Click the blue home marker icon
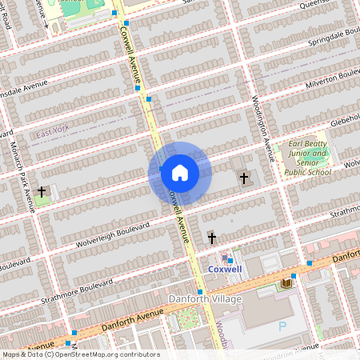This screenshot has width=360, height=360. (x=180, y=173)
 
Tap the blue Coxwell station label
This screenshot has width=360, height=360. (x=225, y=270)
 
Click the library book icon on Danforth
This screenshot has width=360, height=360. (x=286, y=284)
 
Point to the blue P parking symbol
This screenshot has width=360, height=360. (x=282, y=326)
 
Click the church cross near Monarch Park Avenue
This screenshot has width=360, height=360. (x=42, y=192)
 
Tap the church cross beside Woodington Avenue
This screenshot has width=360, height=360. (x=243, y=178)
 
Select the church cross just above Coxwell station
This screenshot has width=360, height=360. (x=211, y=237)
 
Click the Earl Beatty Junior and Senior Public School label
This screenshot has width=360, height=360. (x=308, y=157)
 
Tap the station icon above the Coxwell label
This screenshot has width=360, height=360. (x=225, y=258)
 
